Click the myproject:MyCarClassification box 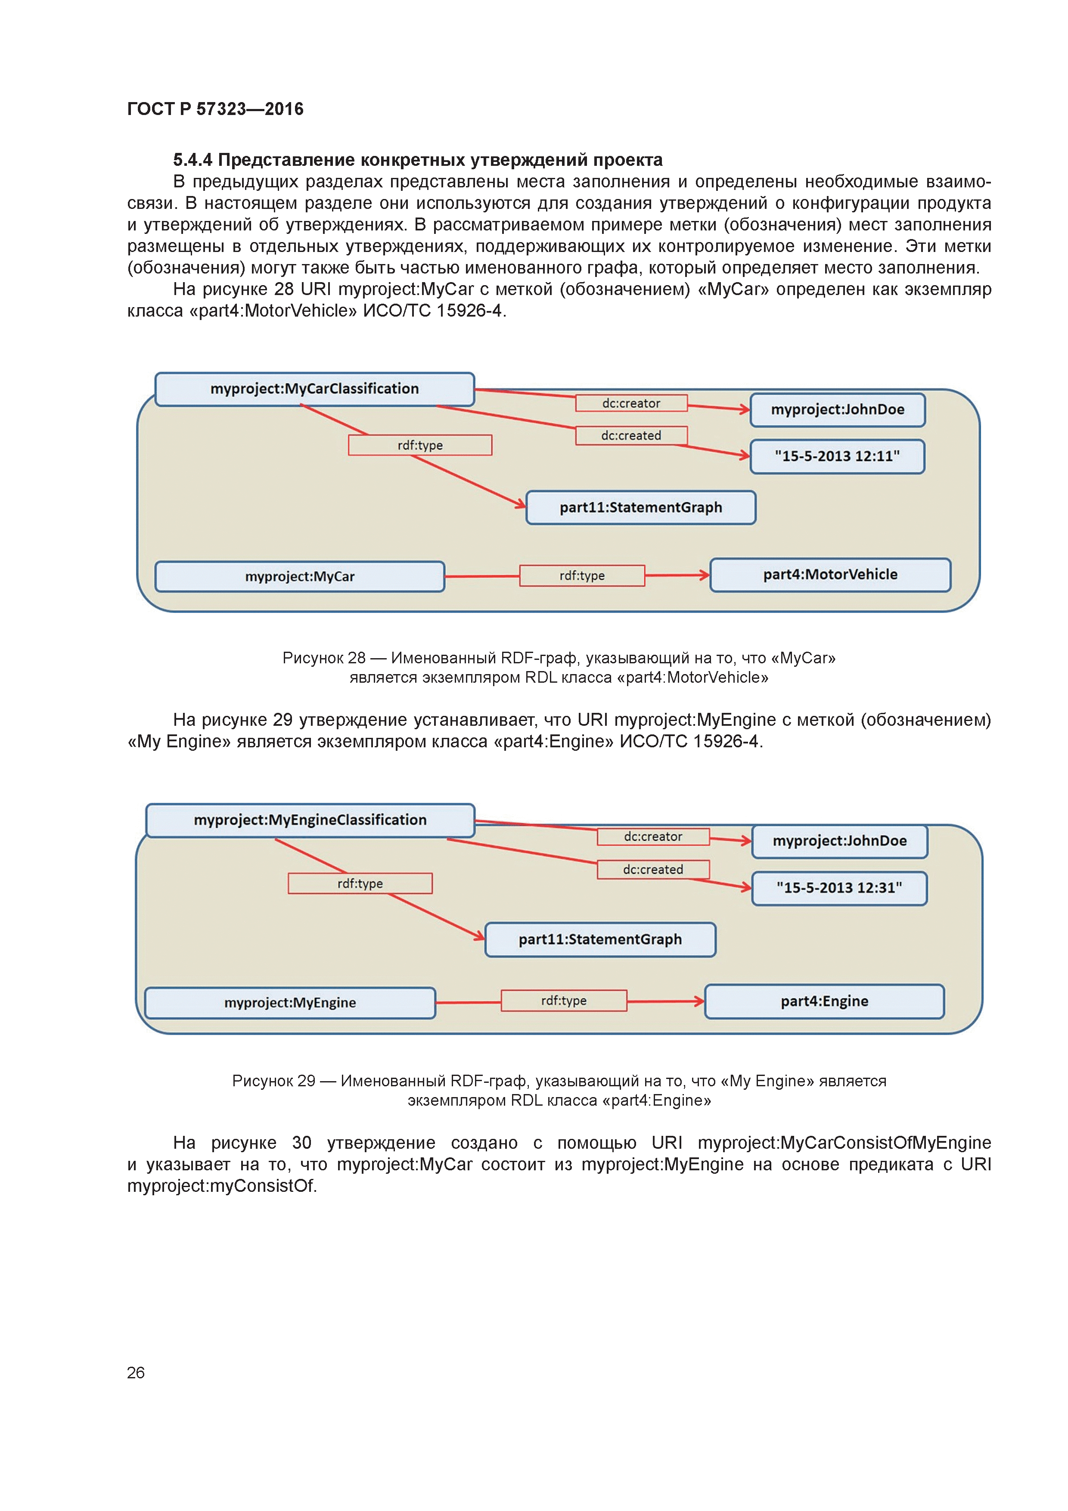[314, 389]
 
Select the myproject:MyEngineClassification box [310, 820]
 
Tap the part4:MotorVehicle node [830, 575]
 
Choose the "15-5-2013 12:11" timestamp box [837, 456]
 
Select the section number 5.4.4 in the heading [192, 160]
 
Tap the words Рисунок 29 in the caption [274, 1081]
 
